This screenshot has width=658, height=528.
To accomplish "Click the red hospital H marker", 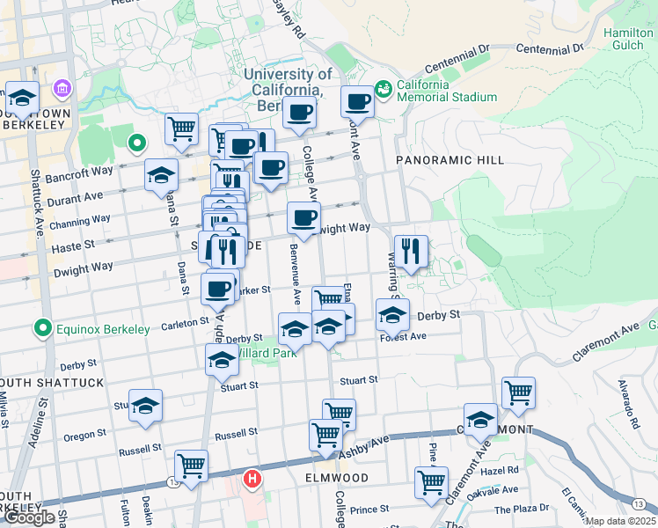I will [252, 480].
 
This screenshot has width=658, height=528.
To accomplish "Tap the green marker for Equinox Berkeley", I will [40, 329].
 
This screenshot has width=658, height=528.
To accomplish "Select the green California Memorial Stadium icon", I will [384, 89].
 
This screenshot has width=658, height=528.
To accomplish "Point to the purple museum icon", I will [62, 90].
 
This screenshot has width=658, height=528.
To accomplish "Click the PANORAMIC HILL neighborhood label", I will [450, 160].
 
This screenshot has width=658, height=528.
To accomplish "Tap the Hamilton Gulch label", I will [629, 40].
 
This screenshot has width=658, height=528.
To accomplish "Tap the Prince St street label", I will [369, 510].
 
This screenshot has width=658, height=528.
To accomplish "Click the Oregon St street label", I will [85, 436].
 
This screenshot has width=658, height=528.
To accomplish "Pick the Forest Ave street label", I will [403, 336].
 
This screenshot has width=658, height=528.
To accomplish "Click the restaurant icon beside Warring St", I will [410, 251].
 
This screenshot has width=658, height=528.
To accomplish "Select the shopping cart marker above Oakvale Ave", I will [431, 482].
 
